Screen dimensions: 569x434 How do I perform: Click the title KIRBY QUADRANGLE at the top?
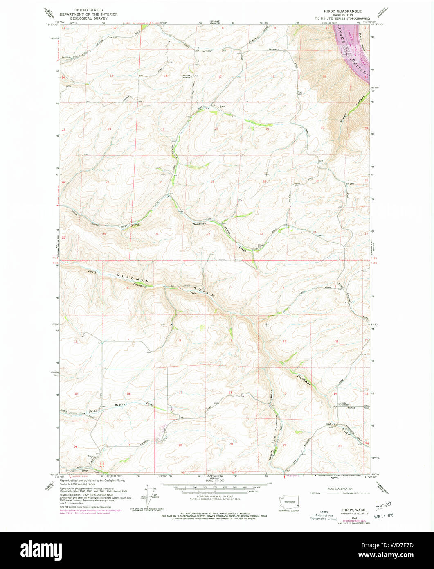click(343, 11)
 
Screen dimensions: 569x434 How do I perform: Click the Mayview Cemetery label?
click(187, 76)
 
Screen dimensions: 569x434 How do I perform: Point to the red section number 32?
click(208, 234)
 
